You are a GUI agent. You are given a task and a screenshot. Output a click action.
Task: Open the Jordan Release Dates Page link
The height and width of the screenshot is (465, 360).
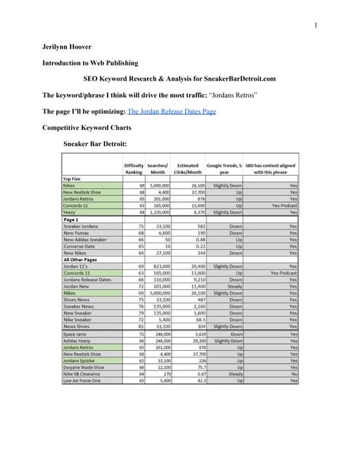[172, 112]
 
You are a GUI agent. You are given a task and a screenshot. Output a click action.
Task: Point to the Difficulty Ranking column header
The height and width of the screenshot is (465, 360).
[134, 169]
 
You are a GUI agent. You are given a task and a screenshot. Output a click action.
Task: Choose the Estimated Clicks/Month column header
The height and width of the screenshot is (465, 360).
[188, 169]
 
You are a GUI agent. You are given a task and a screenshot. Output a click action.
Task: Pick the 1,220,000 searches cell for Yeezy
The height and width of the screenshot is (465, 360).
[159, 212]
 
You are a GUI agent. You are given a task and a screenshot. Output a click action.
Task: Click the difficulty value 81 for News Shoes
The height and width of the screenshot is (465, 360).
[143, 327]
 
